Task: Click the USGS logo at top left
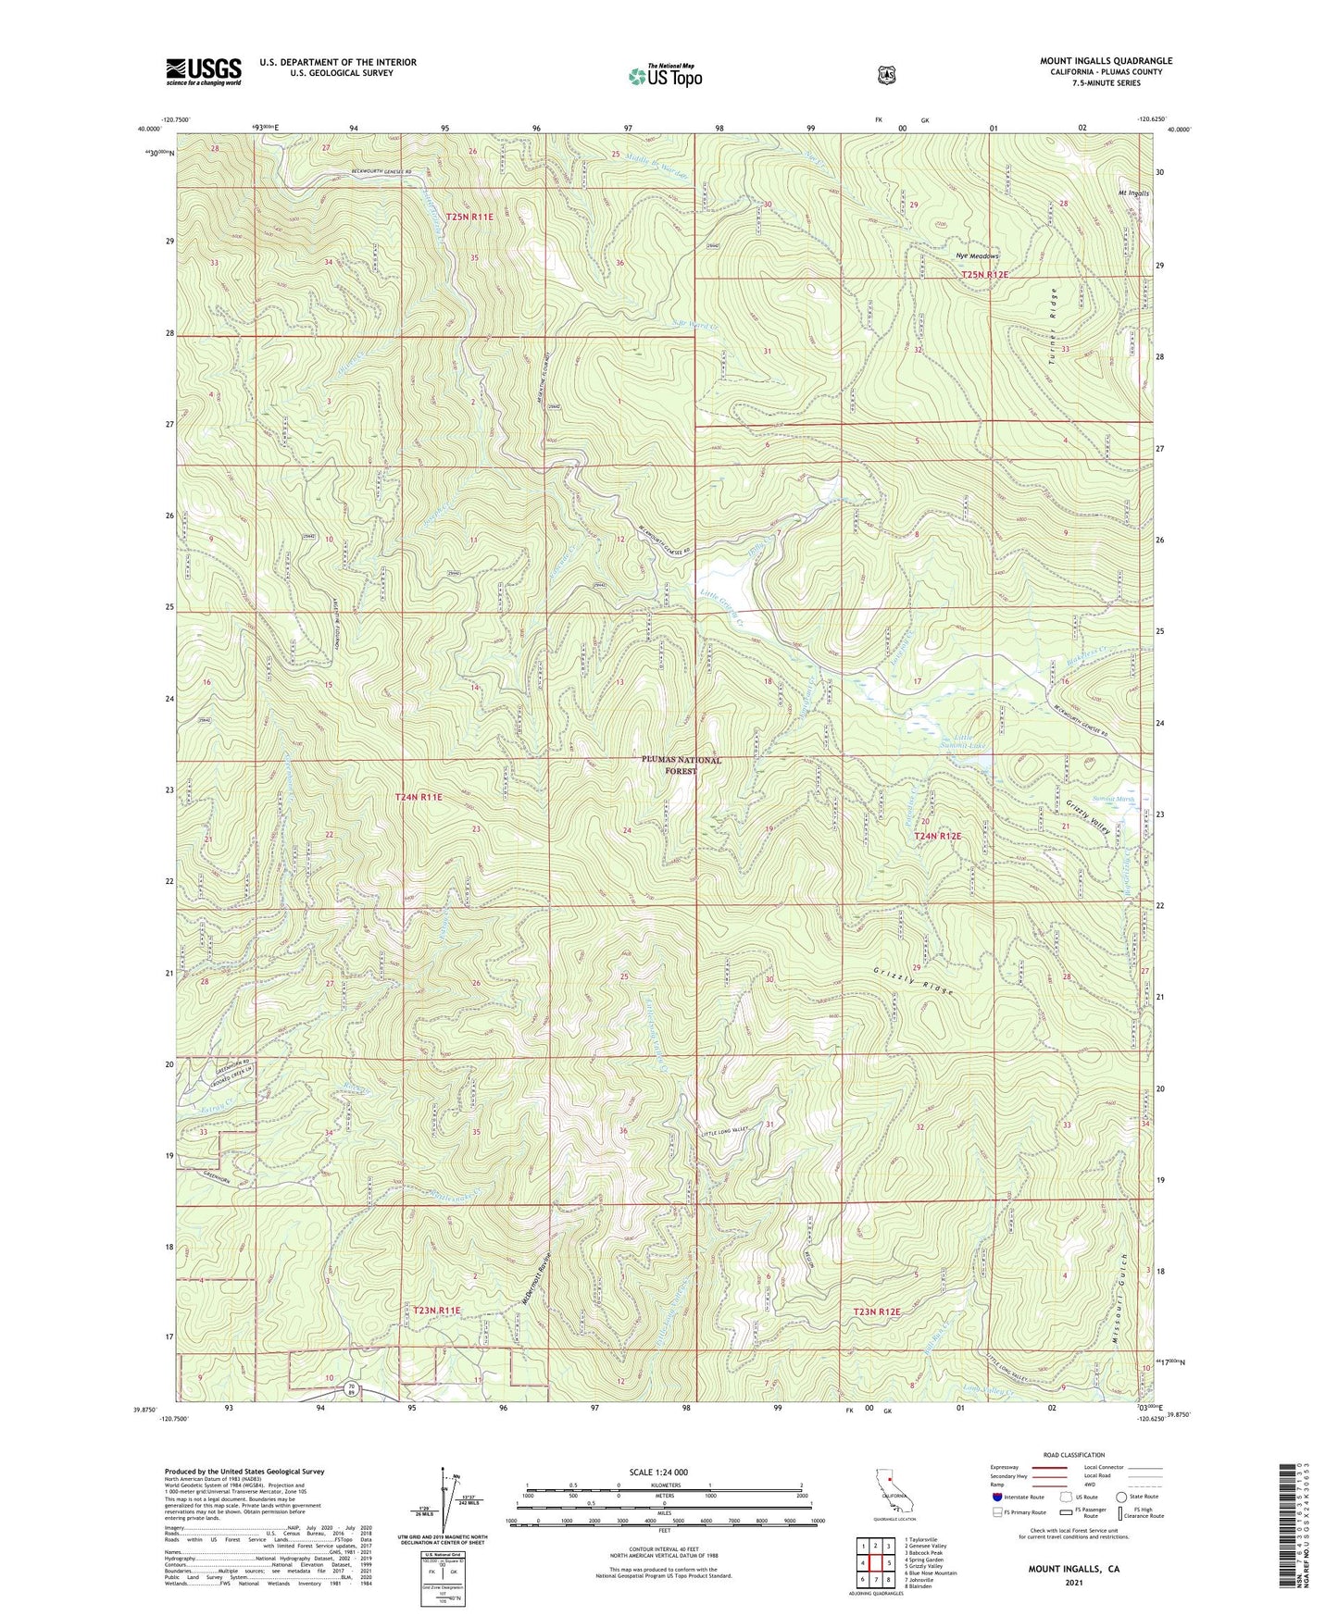pos(204,70)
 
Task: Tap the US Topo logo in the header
pos(664,76)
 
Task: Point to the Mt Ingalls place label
pos(1133,193)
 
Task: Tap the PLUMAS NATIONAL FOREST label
pos(681,764)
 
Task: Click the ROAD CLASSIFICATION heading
pos(1073,1455)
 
